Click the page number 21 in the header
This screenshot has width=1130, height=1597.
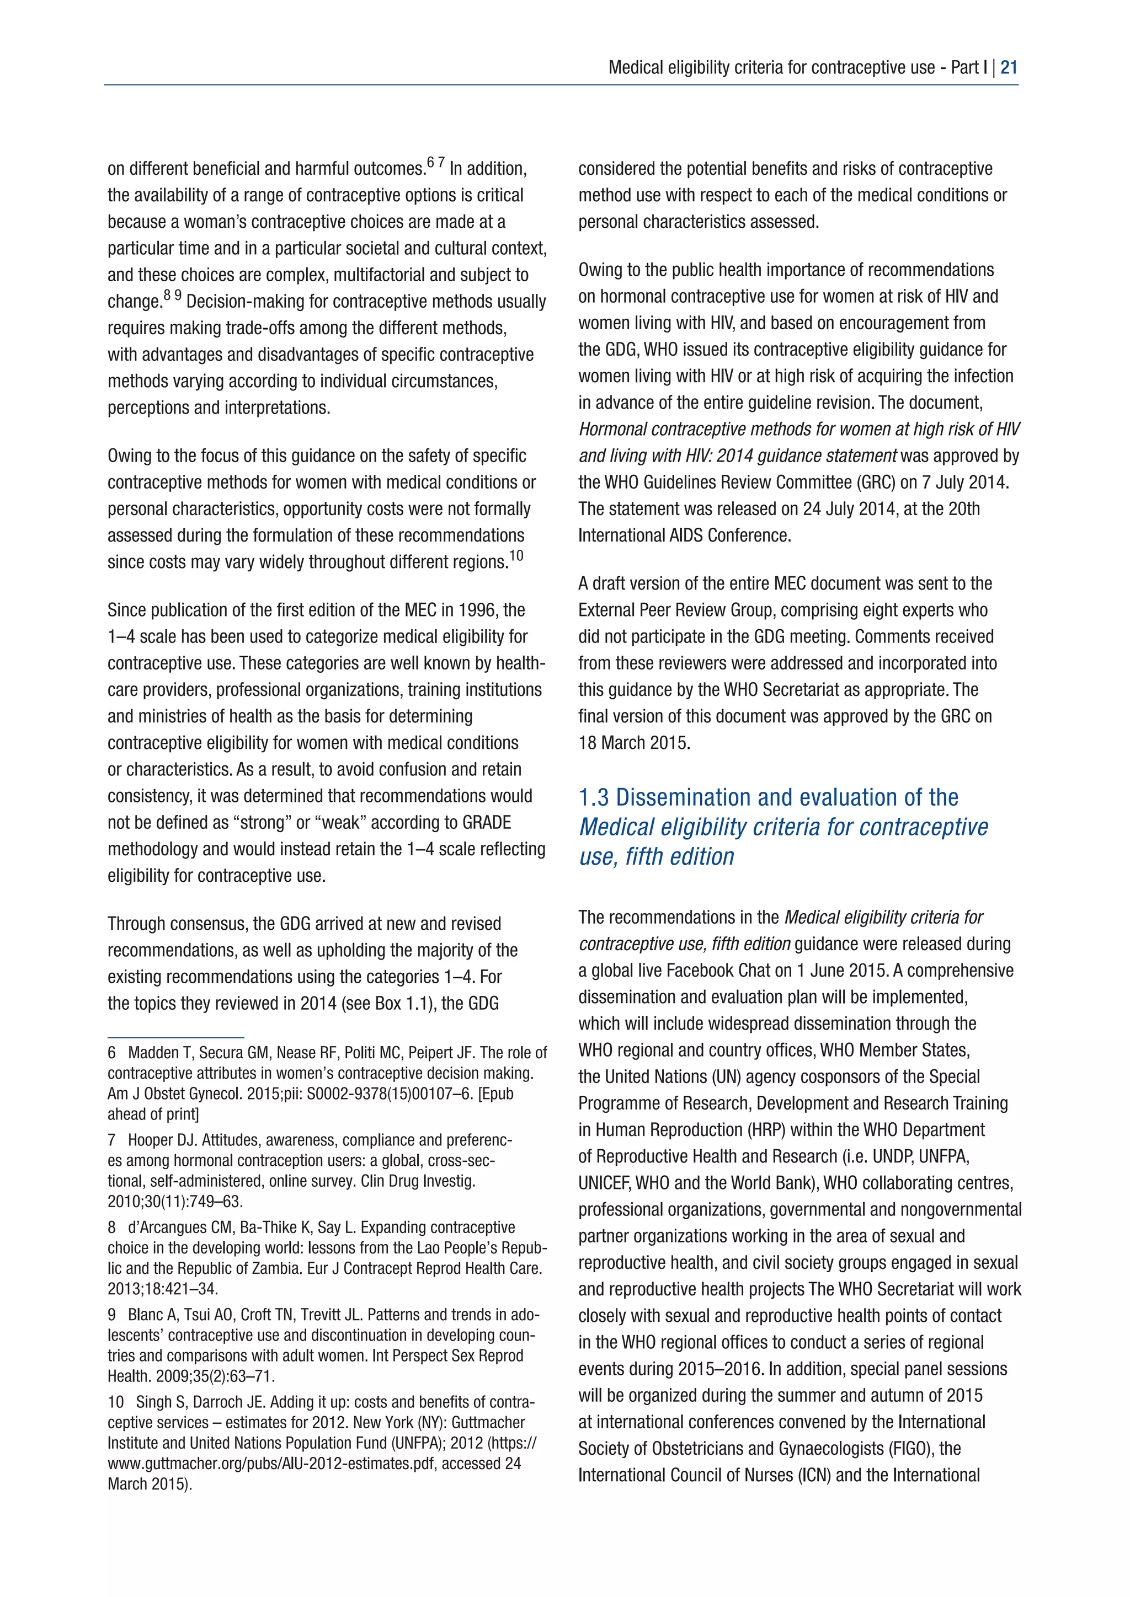tap(1009, 67)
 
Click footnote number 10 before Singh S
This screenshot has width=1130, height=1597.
tap(115, 1402)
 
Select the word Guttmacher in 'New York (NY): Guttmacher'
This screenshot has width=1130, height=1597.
tap(488, 1422)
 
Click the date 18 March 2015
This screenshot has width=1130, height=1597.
tap(634, 743)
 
